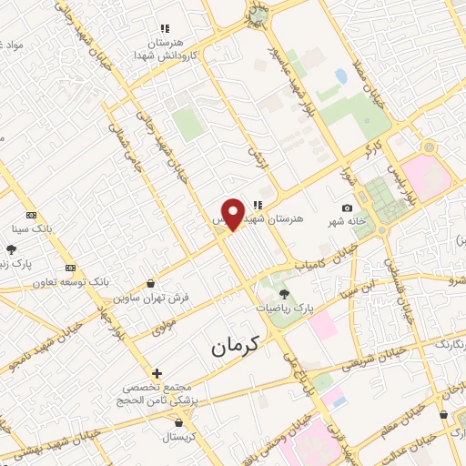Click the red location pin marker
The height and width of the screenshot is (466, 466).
pyautogui.click(x=234, y=214)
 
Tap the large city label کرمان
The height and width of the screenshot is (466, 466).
pyautogui.click(x=235, y=345)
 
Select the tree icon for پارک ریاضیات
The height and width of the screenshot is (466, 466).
pyautogui.click(x=284, y=294)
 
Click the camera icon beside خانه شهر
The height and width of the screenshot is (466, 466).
pyautogui.click(x=347, y=208)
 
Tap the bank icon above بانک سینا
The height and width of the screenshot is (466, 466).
pyautogui.click(x=32, y=216)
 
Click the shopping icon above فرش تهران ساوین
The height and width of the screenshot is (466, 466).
pyautogui.click(x=150, y=284)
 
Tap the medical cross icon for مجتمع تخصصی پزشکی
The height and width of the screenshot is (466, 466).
pyautogui.click(x=157, y=373)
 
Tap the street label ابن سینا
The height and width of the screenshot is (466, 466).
pyautogui.click(x=356, y=290)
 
